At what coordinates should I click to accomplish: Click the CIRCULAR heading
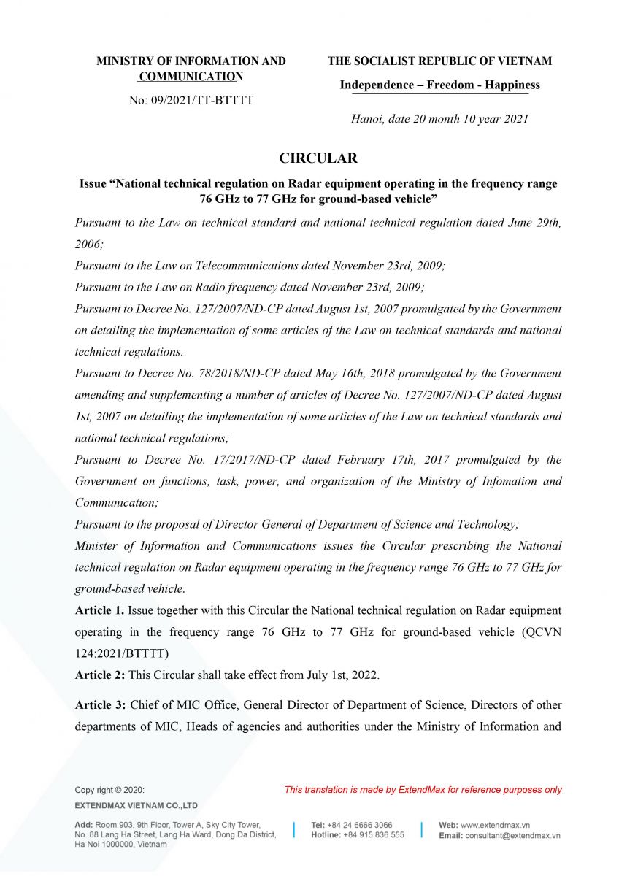(x=318, y=158)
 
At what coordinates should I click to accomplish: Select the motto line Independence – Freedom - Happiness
(x=439, y=85)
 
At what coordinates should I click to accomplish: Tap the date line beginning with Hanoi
(x=439, y=119)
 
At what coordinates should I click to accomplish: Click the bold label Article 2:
(x=100, y=675)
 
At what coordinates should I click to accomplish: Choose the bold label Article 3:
(x=100, y=705)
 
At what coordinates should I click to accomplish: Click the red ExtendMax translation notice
(x=423, y=789)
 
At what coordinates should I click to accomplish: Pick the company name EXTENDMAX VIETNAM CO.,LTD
(x=137, y=806)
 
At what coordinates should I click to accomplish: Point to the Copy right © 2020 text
(x=109, y=790)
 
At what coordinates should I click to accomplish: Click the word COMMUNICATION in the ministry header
(x=191, y=77)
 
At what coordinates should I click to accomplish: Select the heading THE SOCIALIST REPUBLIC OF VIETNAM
(x=439, y=61)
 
